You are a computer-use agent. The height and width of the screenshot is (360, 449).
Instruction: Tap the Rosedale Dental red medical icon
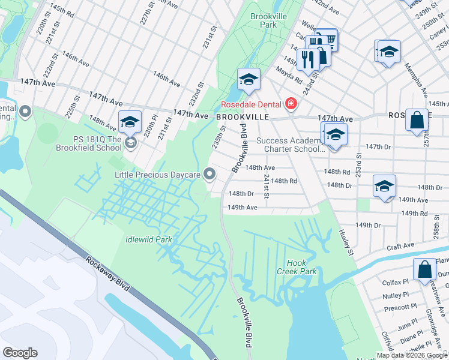pos(291,104)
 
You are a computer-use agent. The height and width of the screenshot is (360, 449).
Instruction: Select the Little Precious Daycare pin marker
pos(209,173)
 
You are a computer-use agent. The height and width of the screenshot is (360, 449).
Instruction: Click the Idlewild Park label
pos(148,239)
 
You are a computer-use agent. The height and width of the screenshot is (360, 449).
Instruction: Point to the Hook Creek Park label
pos(301,267)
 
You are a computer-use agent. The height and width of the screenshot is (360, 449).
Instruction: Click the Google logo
pos(20,352)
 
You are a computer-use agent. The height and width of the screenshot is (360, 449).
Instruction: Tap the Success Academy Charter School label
pos(291,145)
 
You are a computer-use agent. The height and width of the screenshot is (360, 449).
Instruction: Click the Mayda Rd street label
pos(288,74)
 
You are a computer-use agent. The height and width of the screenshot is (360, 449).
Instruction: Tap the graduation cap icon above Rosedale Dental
pos(249,79)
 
